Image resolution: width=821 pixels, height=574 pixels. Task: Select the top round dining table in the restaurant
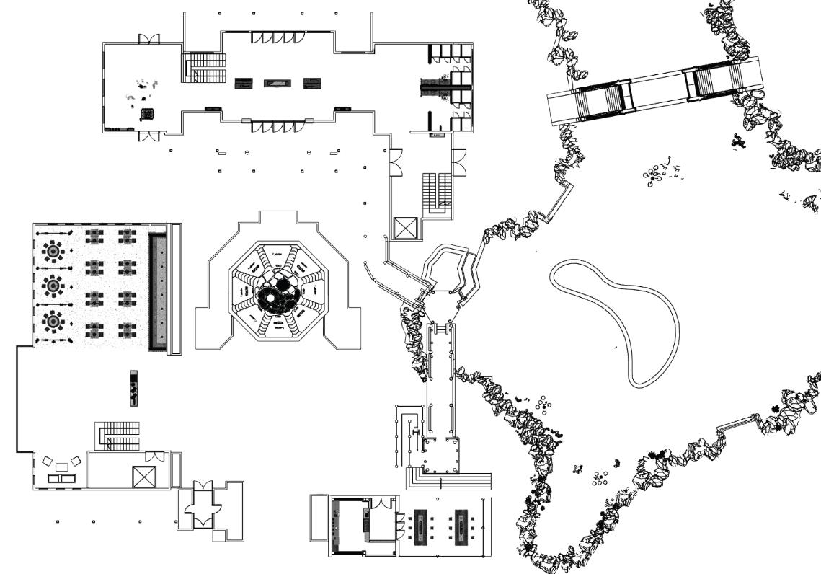pos(53,252)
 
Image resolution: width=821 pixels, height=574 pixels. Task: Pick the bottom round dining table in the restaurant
pos(53,319)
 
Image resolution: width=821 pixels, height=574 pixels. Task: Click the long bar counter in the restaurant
pos(158,291)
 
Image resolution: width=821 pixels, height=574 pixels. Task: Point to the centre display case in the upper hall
pos(276,84)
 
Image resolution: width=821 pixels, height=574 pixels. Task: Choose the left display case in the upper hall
pos(243,84)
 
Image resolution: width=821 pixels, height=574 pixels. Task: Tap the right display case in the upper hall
pos(311,84)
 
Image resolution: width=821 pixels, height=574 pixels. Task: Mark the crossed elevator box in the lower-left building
pos(143,477)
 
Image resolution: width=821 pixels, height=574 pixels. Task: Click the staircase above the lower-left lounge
pos(117,435)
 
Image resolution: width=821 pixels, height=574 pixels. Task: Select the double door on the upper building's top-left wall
pos(149,39)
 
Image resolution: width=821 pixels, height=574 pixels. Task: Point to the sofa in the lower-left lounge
pos(62,477)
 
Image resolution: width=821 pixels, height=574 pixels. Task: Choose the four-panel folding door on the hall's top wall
pos(276,37)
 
